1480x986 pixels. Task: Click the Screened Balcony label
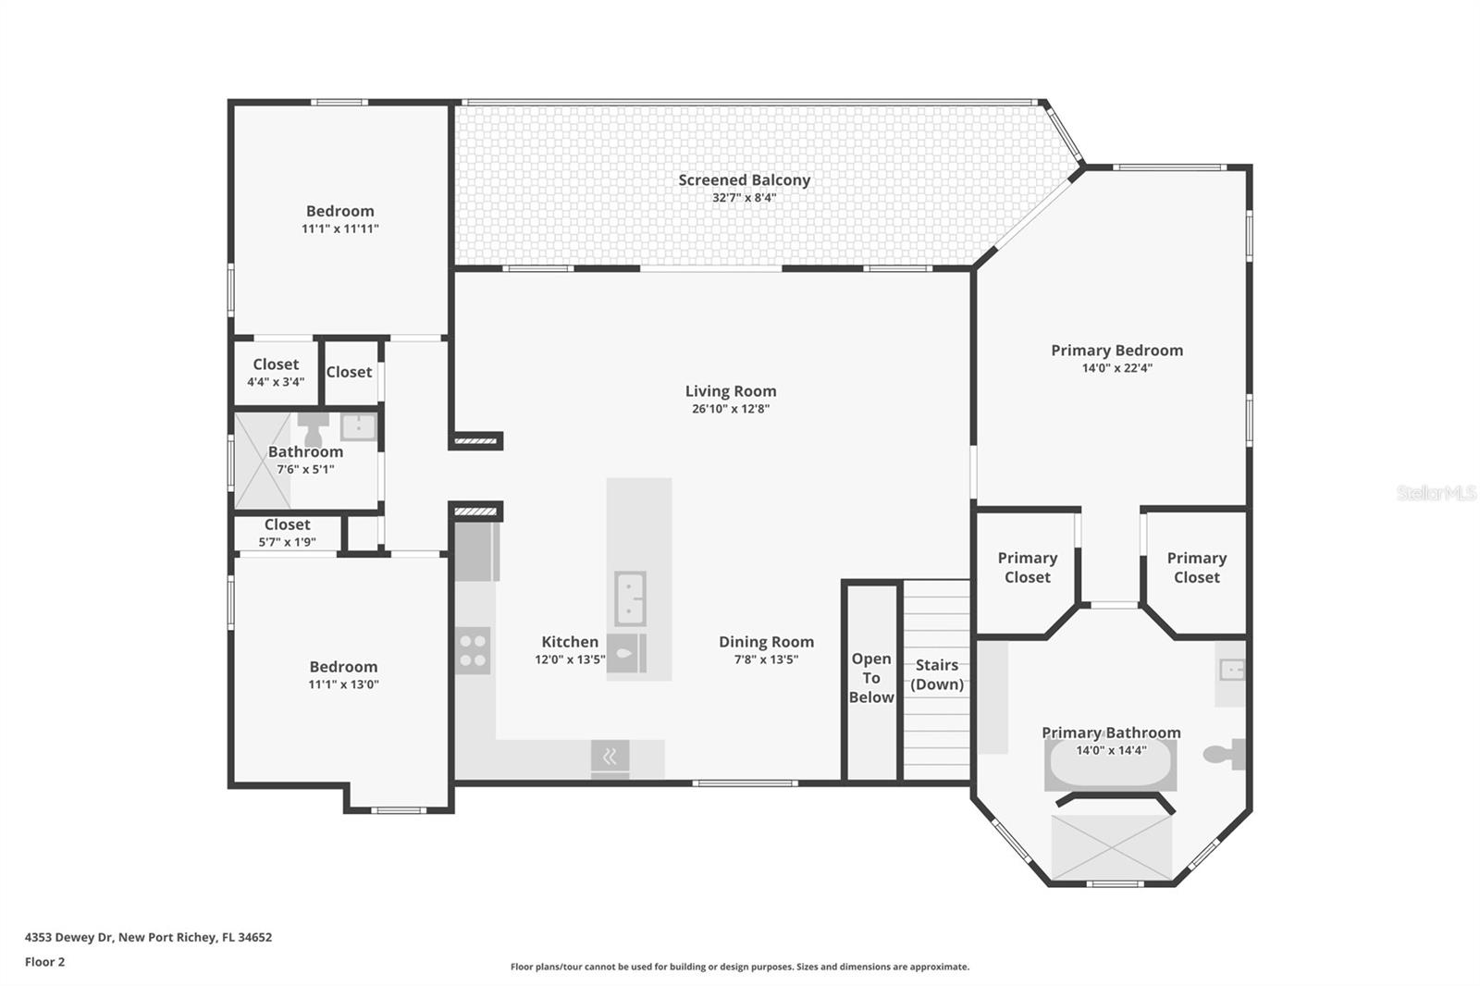(744, 179)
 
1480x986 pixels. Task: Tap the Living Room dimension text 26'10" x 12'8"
(731, 409)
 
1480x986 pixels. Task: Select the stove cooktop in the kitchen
(473, 651)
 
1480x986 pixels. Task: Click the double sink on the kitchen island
(630, 598)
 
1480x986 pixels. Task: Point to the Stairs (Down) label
(937, 674)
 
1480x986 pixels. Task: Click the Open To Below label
(870, 677)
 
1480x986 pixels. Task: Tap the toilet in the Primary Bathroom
(1225, 755)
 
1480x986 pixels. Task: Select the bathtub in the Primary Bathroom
(1111, 765)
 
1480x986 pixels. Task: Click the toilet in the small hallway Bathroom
(314, 429)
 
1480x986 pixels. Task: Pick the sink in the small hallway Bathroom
(358, 427)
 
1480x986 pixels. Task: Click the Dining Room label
(767, 642)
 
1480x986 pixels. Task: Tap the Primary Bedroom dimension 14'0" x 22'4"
(1117, 368)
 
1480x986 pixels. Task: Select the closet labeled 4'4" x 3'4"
(277, 373)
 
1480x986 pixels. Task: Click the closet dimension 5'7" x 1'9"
(288, 542)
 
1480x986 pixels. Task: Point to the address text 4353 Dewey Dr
(68, 937)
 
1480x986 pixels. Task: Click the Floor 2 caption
(45, 962)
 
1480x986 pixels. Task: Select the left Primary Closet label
(1028, 568)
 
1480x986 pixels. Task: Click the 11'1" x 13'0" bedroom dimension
(343, 684)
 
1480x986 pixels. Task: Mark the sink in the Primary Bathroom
(1231, 670)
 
